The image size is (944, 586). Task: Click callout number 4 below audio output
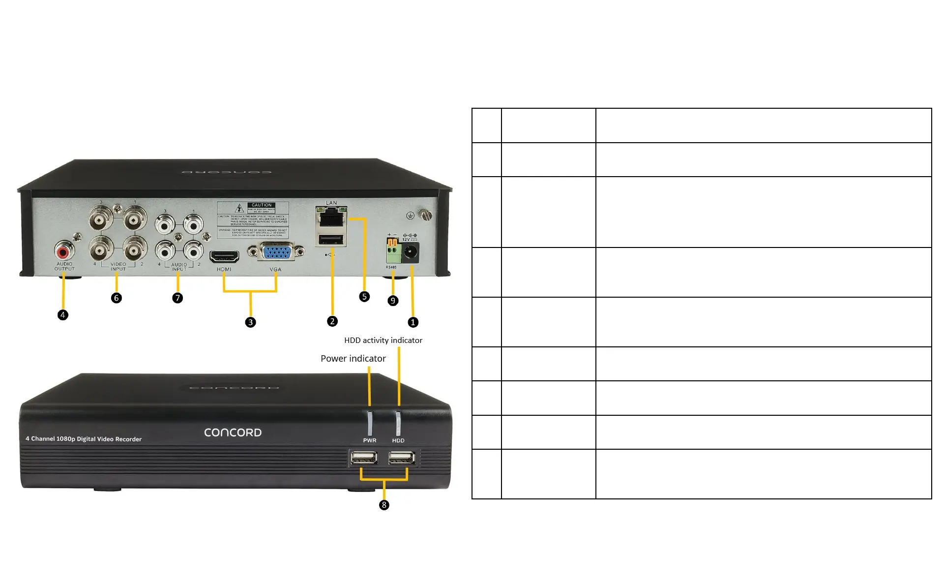coord(63,315)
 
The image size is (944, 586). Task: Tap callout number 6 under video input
coord(117,298)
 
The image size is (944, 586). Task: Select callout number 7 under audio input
coord(177,298)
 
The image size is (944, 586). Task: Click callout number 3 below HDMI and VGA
coord(250,322)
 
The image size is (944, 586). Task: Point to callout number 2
coord(332,321)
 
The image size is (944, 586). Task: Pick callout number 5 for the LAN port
coord(364,296)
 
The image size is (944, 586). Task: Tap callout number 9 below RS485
coord(393,301)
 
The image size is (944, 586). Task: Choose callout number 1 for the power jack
coord(413,322)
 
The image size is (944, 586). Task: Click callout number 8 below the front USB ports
coord(384,505)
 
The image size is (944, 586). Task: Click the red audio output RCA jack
coord(63,252)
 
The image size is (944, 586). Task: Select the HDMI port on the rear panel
coord(225,257)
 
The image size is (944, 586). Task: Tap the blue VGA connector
coord(276,252)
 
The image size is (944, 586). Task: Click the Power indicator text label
coord(353,359)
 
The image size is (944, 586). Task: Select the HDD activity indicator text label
coord(383,340)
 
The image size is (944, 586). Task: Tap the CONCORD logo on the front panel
coord(233,432)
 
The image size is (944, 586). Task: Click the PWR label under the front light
coord(370,440)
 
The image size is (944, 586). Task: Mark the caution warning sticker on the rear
coord(253,219)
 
